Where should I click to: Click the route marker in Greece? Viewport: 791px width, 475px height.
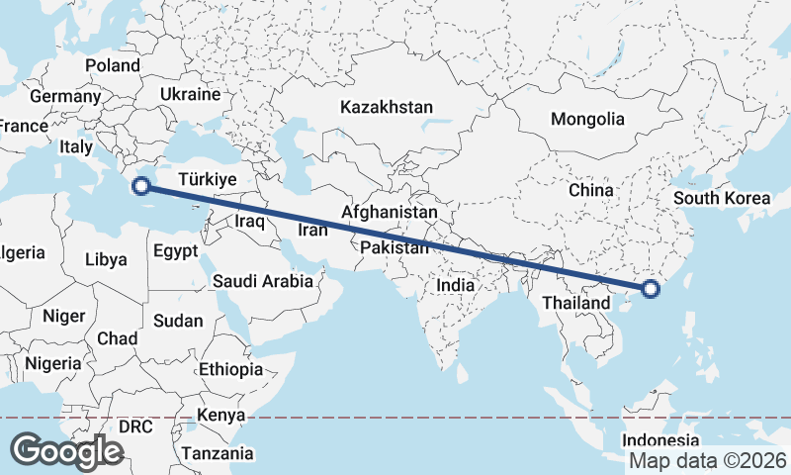(141, 185)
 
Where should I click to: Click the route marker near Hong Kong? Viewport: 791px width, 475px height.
(650, 289)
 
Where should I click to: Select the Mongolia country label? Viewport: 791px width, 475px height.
(587, 119)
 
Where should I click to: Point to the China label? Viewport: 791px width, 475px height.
(591, 189)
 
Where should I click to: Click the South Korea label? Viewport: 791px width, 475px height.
(721, 198)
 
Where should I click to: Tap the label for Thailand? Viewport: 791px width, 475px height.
(575, 302)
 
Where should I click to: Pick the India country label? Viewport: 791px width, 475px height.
(456, 285)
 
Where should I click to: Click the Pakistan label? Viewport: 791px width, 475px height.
(395, 247)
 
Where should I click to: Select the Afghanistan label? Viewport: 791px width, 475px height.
(390, 213)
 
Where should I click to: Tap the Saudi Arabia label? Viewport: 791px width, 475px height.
(263, 282)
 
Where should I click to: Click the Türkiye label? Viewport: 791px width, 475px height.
(207, 179)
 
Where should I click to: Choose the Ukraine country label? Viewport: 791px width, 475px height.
(189, 95)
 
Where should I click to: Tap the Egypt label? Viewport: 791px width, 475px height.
(177, 251)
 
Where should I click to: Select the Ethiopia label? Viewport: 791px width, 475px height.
(230, 370)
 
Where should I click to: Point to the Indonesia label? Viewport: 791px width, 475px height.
(661, 440)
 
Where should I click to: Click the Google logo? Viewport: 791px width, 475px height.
(66, 451)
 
